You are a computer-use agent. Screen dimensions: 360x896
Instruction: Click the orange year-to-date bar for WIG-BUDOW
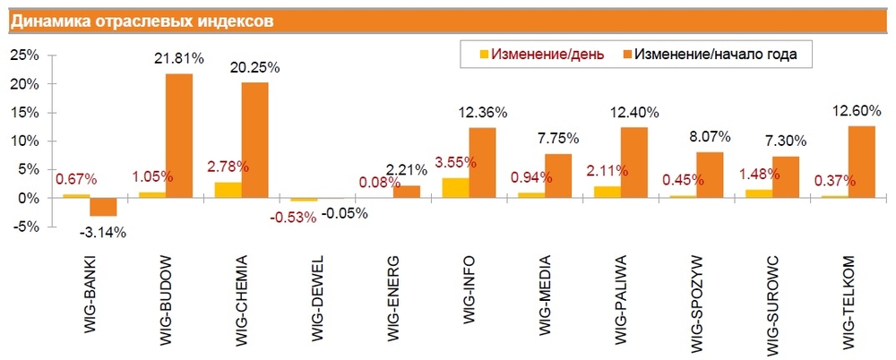click(179, 135)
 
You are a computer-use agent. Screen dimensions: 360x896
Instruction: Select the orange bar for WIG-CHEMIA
click(254, 140)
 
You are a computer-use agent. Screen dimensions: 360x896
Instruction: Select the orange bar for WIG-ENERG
click(406, 191)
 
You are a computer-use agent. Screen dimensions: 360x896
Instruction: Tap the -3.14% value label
click(103, 233)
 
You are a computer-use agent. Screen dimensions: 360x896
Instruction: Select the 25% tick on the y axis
click(23, 56)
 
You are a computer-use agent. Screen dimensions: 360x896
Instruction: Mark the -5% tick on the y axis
click(23, 227)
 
